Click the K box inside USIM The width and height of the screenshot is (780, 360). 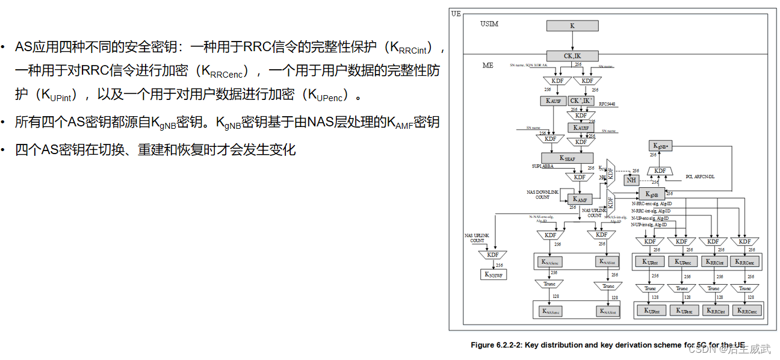[572, 26]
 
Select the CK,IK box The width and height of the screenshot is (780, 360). [572, 56]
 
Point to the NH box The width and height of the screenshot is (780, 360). [631, 180]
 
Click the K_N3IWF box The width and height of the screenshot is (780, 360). [494, 275]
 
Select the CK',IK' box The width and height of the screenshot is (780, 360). [581, 101]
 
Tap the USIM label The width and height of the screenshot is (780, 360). [489, 24]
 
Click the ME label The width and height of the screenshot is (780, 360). [487, 65]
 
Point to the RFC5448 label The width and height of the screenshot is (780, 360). [607, 104]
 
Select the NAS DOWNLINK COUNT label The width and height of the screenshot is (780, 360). [542, 194]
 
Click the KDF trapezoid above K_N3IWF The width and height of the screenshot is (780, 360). [494, 255]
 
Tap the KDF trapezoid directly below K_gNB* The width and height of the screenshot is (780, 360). [660, 171]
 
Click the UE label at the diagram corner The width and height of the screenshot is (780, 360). [456, 13]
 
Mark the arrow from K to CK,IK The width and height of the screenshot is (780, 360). [572, 41]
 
